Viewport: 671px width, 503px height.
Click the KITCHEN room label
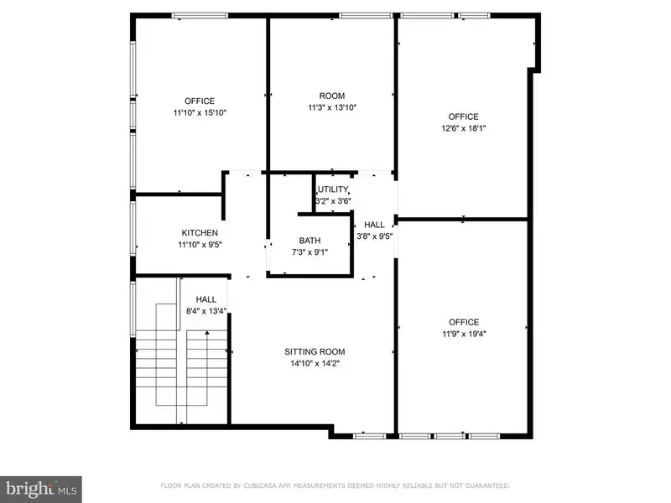[x=200, y=233]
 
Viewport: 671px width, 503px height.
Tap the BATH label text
[x=309, y=241]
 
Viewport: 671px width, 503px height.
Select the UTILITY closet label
[x=333, y=189]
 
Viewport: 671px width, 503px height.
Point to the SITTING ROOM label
[x=315, y=351]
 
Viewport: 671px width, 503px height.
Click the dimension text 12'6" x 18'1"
[x=464, y=128]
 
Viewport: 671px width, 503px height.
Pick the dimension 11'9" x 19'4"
[x=464, y=334]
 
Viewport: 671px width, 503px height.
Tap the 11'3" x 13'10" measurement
[x=332, y=107]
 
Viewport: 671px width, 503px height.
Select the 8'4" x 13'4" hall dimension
[x=206, y=311]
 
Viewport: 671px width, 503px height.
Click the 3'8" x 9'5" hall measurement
[x=374, y=236]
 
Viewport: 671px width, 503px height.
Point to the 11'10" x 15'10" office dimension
[x=200, y=112]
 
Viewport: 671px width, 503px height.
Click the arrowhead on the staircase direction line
[x=207, y=332]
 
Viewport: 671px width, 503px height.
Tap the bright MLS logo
[x=41, y=490]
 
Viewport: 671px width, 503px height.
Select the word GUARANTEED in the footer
[x=487, y=485]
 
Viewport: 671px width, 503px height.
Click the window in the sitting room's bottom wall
[x=370, y=436]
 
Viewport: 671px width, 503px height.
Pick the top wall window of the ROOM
[x=366, y=16]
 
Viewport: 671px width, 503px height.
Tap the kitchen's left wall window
[x=133, y=228]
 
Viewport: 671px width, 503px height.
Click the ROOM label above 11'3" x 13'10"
[x=332, y=96]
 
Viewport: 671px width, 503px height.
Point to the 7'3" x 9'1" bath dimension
[x=309, y=252]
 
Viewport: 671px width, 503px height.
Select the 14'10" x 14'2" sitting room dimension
[x=315, y=364]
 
